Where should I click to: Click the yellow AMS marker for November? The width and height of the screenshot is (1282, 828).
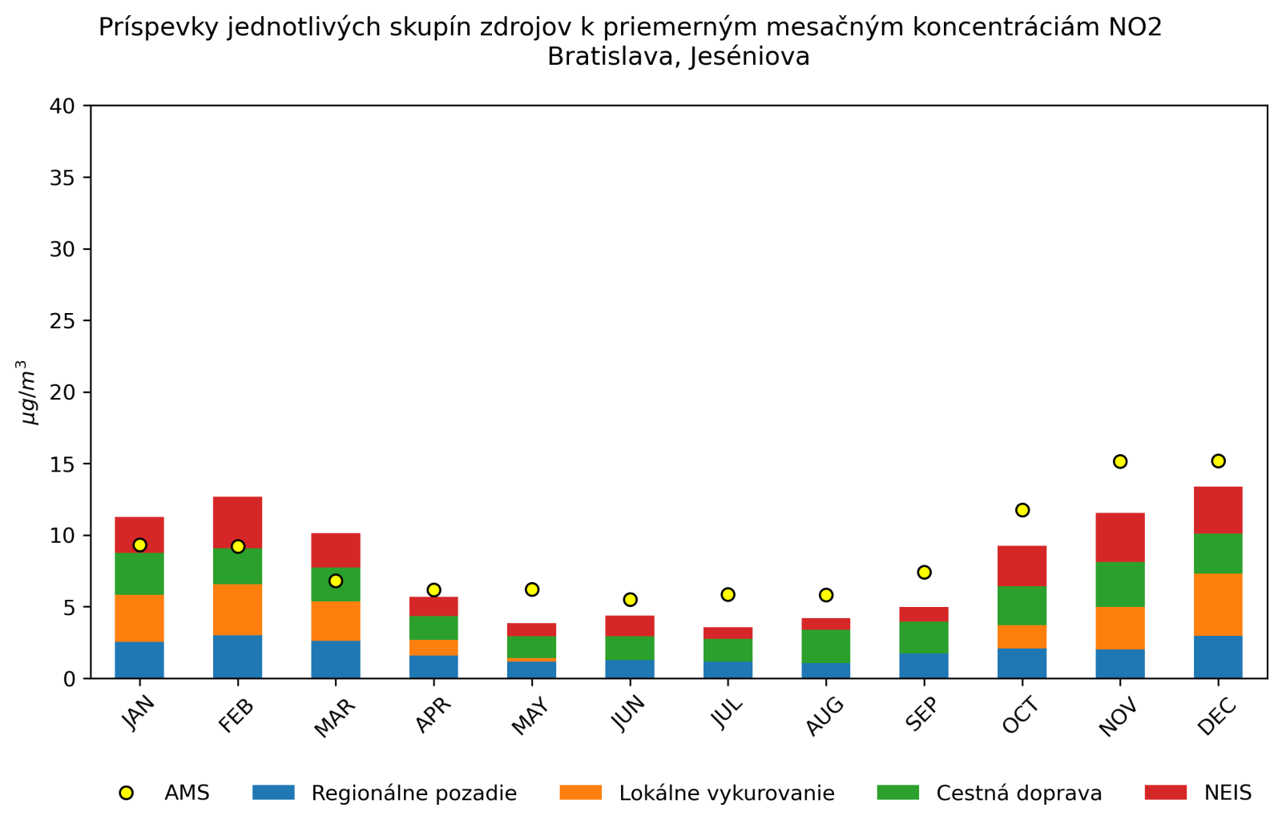point(1120,461)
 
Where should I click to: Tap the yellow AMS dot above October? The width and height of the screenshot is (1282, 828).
point(1022,510)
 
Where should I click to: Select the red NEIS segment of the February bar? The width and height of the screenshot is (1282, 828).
point(237,522)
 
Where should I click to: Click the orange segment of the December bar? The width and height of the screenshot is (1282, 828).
point(1218,605)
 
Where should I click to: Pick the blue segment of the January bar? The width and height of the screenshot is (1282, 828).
point(139,660)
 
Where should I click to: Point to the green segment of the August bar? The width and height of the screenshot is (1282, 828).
point(826,646)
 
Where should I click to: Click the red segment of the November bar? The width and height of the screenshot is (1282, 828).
point(1120,537)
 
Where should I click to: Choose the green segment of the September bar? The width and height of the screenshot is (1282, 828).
point(924,637)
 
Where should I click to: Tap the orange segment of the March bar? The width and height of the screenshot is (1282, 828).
point(336,621)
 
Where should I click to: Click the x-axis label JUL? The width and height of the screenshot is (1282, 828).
point(728,712)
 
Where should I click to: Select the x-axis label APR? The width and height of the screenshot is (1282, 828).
point(434,714)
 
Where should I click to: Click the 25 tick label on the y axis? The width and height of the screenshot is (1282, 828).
point(62,321)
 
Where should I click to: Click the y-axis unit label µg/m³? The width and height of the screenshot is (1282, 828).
point(29,392)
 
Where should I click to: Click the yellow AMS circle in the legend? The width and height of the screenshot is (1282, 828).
point(126,793)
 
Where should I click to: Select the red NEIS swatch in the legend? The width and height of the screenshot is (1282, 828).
point(1165,792)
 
